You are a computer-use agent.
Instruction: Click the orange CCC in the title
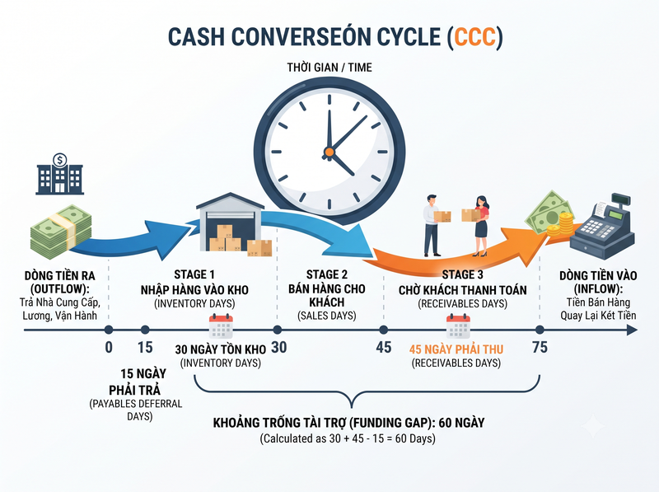[x=474, y=36]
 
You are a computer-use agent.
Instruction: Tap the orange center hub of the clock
[x=329, y=152]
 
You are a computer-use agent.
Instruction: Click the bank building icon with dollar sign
[x=59, y=174]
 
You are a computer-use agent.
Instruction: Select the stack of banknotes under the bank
[x=61, y=231]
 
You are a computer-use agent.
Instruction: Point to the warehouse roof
[x=230, y=201]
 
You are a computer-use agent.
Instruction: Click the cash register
[x=602, y=227]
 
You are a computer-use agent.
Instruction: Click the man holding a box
[x=433, y=225]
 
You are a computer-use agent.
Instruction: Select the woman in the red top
[x=480, y=227]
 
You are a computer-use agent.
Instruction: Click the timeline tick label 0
[x=109, y=347]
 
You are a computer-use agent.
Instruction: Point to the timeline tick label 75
[x=540, y=347]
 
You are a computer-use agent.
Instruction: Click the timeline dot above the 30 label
[x=278, y=330]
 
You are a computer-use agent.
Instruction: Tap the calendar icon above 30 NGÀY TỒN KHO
[x=221, y=326]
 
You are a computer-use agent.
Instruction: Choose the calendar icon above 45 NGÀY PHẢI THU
[x=458, y=326]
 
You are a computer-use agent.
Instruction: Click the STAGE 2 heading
[x=327, y=274]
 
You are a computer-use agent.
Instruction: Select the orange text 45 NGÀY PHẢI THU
[x=456, y=349]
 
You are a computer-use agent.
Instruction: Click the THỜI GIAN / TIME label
[x=329, y=68]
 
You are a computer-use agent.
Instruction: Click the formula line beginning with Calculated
[x=348, y=438]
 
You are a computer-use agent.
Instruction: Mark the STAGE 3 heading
[x=462, y=274]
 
